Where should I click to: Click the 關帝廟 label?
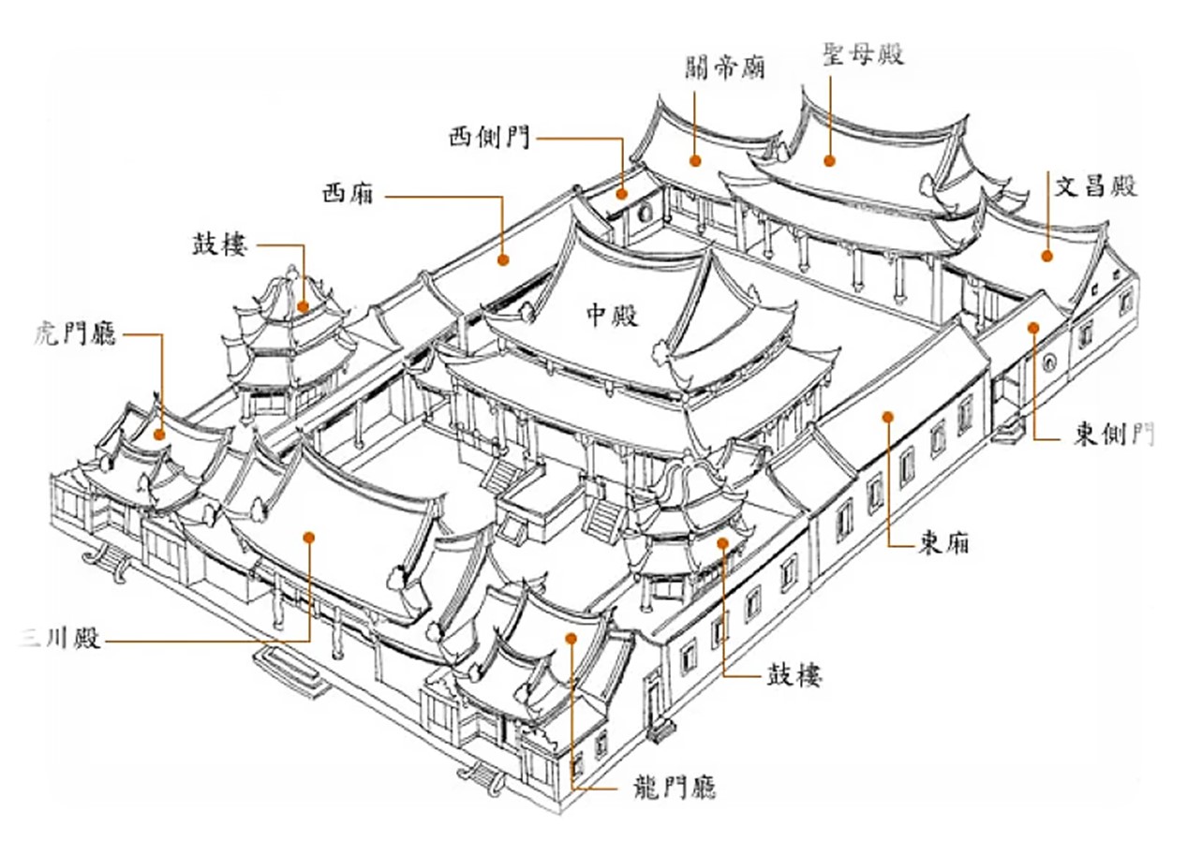pyautogui.click(x=724, y=68)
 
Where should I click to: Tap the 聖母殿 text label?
pyautogui.click(x=863, y=53)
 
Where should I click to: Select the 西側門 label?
pyautogui.click(x=489, y=138)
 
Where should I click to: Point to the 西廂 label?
pyautogui.click(x=349, y=193)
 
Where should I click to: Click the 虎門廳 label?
pyautogui.click(x=74, y=332)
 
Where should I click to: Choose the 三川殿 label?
pyautogui.click(x=59, y=638)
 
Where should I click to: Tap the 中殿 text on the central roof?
pyautogui.click(x=613, y=316)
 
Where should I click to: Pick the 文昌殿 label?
pyautogui.click(x=1095, y=186)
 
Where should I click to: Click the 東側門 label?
pyautogui.click(x=1114, y=434)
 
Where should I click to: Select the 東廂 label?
pyautogui.click(x=943, y=542)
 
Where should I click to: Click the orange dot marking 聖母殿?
pyautogui.click(x=829, y=160)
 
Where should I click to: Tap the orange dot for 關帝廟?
pyautogui.click(x=695, y=160)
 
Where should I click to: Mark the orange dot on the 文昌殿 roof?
pyautogui.click(x=1046, y=256)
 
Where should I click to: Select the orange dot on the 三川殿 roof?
pyautogui.click(x=309, y=538)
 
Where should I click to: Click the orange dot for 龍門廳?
pyautogui.click(x=571, y=639)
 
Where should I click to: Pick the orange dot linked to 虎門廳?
pyautogui.click(x=158, y=435)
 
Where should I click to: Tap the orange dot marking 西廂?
pyautogui.click(x=503, y=259)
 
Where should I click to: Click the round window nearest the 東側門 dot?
pyautogui.click(x=1048, y=362)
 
